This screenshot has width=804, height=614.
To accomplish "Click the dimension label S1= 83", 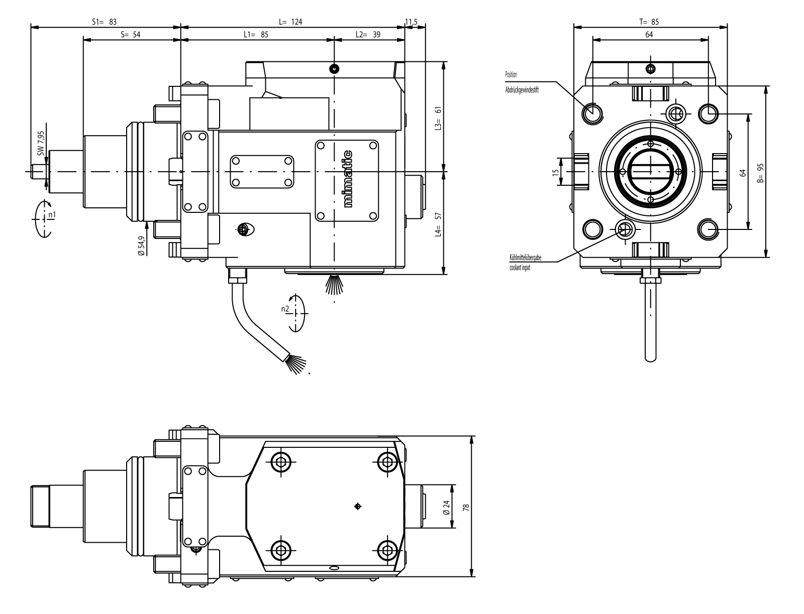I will click(105, 22).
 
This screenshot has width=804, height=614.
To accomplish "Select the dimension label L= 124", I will click(291, 22).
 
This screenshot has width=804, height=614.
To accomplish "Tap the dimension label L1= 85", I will click(256, 35).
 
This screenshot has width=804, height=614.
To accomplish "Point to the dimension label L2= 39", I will click(368, 35).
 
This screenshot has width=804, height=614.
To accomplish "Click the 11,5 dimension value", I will click(412, 22).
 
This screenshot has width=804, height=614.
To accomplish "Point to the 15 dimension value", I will click(555, 172).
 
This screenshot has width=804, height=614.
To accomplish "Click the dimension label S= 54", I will click(131, 35).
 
